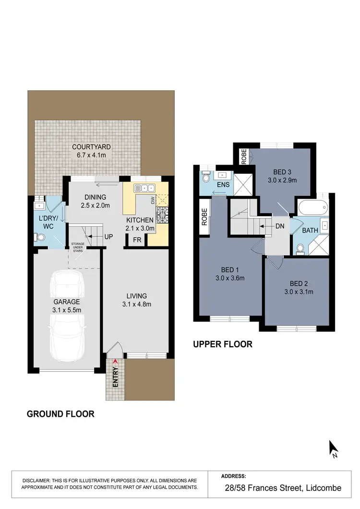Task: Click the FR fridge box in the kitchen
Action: pos(137,241)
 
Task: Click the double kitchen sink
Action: pos(144,188)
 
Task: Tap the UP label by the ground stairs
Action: pos(109,237)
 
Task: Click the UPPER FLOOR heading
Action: pos(222,344)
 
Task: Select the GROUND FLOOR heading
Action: pos(60,413)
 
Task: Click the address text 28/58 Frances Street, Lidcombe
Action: pos(283,488)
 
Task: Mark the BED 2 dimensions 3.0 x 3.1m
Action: pos(297,291)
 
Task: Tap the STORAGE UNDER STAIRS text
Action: pos(78,247)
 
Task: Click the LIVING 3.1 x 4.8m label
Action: pos(137,300)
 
